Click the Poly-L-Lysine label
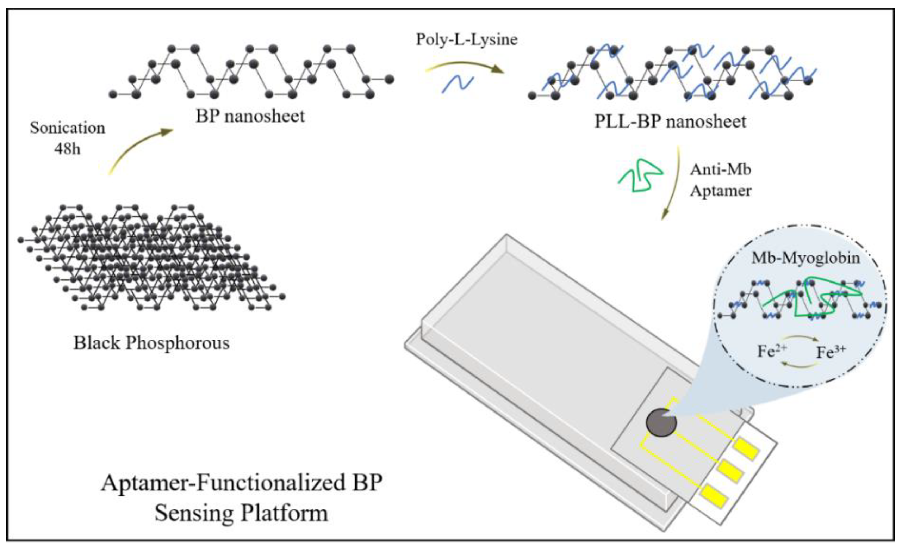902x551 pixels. (466, 39)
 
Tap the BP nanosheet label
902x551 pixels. (250, 116)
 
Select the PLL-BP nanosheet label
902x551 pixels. (670, 122)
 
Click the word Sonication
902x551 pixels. (67, 128)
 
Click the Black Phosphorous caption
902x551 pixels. (151, 343)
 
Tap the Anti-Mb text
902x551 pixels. (720, 169)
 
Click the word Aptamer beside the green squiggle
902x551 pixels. (720, 191)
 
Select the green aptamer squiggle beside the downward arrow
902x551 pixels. (641, 175)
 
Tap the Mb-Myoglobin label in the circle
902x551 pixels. (805, 258)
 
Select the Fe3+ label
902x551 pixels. (830, 352)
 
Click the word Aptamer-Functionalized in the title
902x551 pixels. (223, 483)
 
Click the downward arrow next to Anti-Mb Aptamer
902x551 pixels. (673, 183)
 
